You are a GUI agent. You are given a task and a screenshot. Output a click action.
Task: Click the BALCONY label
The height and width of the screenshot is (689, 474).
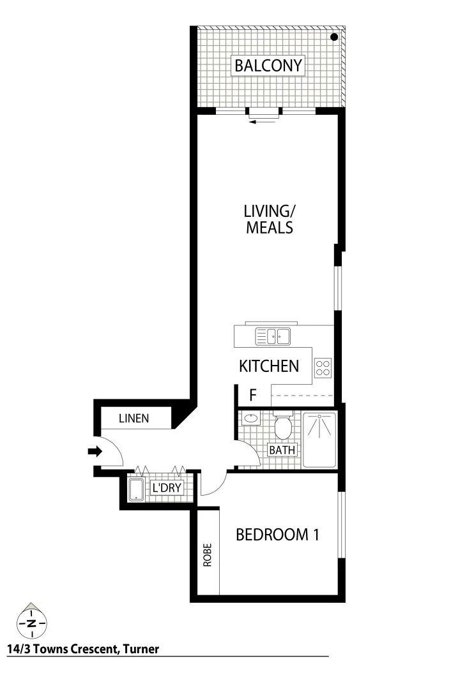pyautogui.click(x=268, y=66)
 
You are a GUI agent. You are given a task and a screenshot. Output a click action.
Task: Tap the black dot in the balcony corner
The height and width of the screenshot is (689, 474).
pyautogui.click(x=333, y=38)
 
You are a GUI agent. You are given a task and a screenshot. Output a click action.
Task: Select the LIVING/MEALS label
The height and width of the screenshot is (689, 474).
pyautogui.click(x=270, y=219)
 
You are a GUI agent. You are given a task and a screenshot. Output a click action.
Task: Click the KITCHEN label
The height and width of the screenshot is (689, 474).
pyautogui.click(x=268, y=366)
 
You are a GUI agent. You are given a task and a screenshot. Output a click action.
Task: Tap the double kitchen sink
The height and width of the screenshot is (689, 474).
pyautogui.click(x=273, y=336)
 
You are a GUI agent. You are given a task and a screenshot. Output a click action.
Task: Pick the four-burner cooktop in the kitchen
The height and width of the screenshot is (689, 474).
pyautogui.click(x=323, y=367)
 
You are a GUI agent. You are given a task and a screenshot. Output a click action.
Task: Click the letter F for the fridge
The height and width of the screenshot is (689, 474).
pyautogui.click(x=253, y=395)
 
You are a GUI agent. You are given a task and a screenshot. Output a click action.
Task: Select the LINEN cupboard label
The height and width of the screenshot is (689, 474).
pyautogui.click(x=134, y=419)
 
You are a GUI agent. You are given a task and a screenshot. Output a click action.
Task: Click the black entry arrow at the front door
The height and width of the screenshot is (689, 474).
pyautogui.click(x=95, y=452)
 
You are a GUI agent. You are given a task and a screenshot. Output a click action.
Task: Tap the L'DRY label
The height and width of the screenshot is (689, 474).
pyautogui.click(x=166, y=489)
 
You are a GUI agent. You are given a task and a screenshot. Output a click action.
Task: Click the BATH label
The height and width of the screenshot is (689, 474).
pyautogui.click(x=282, y=450)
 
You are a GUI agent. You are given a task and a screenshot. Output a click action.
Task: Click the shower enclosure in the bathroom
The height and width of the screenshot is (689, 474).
pyautogui.click(x=319, y=440)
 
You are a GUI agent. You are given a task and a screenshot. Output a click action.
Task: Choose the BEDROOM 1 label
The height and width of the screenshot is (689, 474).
pyautogui.click(x=277, y=535)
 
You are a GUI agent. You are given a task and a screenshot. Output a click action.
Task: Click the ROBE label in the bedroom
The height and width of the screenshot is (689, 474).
pyautogui.click(x=207, y=554)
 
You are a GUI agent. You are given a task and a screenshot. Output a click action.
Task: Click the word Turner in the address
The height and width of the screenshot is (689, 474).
pyautogui.click(x=139, y=649)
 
